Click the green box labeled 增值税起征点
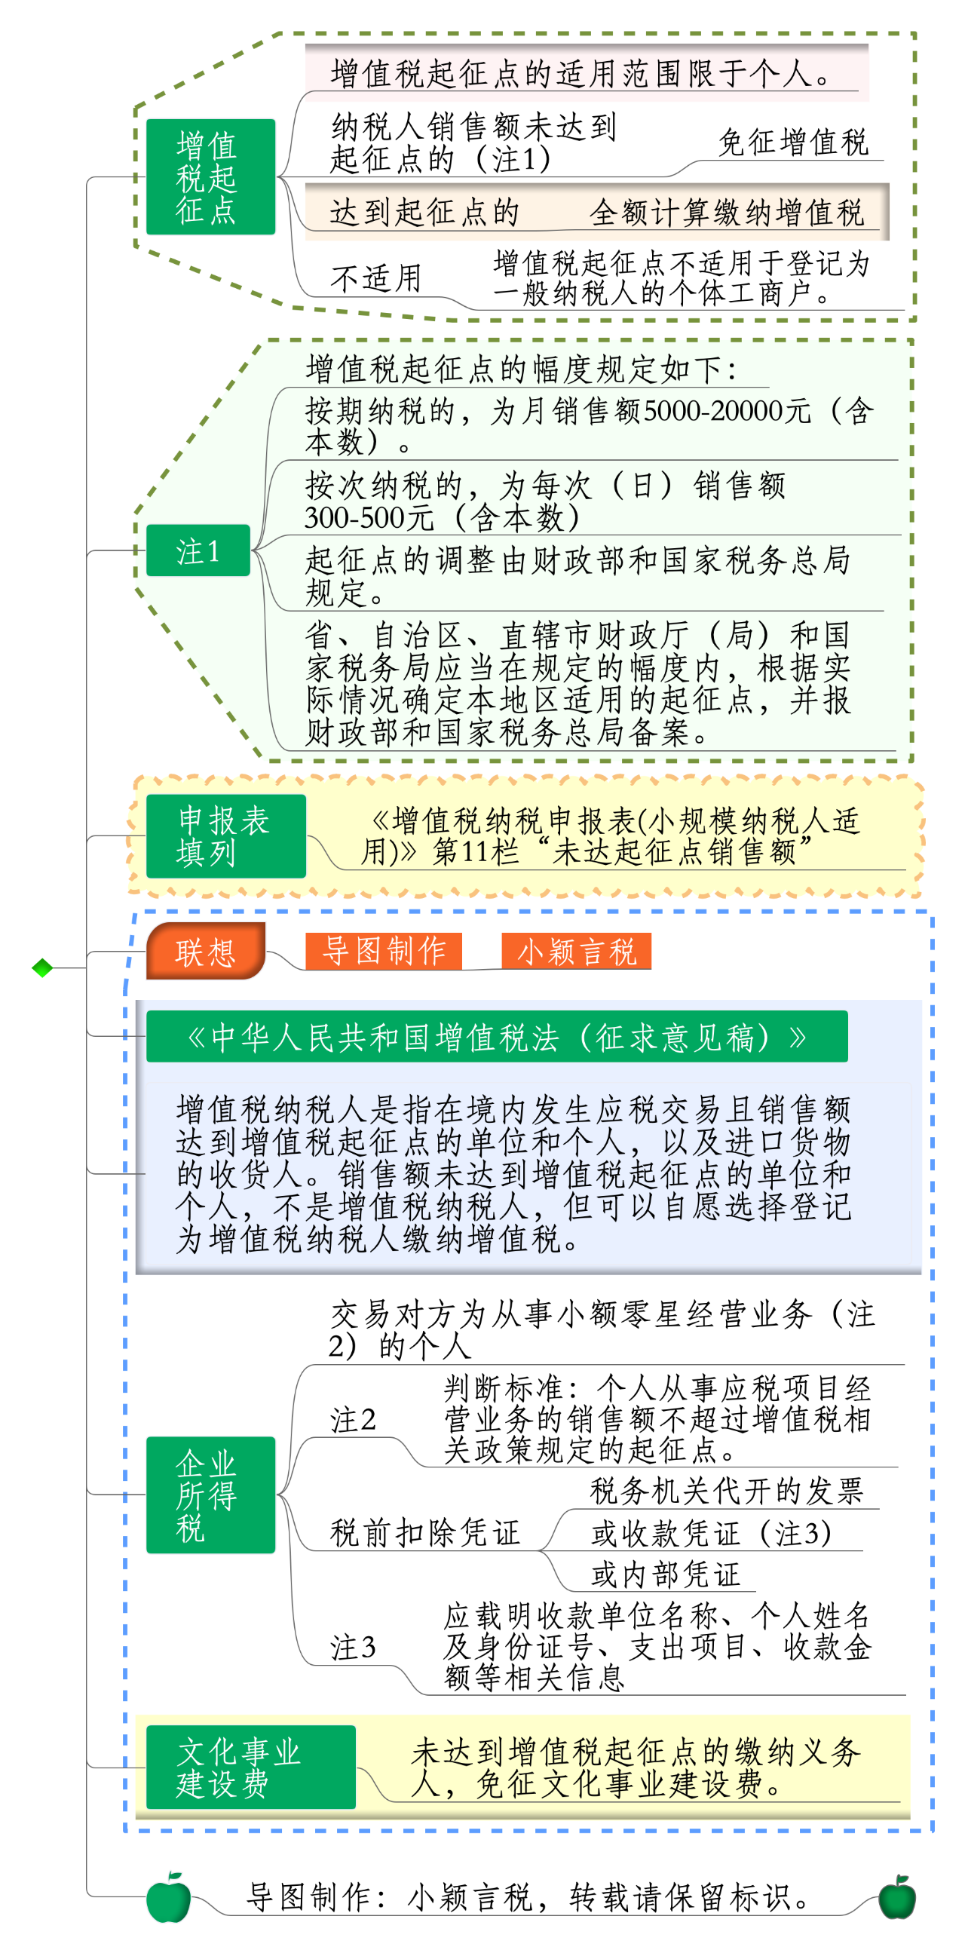(211, 176)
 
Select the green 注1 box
(198, 550)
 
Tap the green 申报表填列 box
(226, 836)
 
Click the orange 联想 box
(205, 951)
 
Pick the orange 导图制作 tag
(384, 951)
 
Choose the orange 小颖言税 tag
(576, 951)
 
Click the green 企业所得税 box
(211, 1495)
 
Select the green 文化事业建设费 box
(251, 1768)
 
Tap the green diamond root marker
(42, 967)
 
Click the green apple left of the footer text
(168, 1898)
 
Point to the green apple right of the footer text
(898, 1898)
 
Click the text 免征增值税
(793, 142)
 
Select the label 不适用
(376, 278)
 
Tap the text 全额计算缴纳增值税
(727, 213)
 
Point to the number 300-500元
(369, 518)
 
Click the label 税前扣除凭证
(425, 1532)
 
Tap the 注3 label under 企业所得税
(354, 1647)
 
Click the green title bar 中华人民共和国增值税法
(498, 1036)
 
